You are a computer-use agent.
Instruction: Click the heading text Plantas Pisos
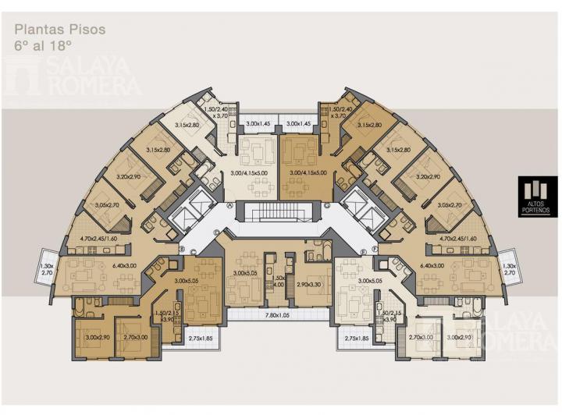tap(59, 30)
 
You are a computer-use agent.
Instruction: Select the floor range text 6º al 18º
tap(42, 46)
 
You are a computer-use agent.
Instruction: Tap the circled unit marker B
tap(182, 250)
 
